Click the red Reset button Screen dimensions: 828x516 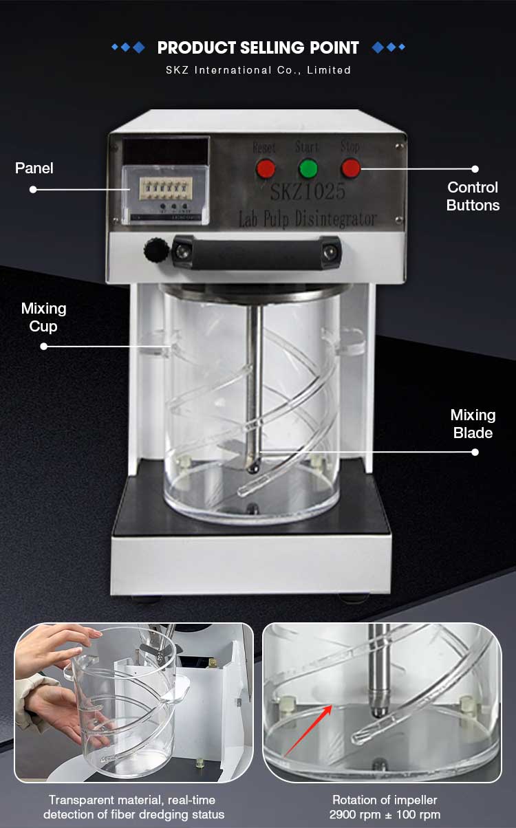(266, 168)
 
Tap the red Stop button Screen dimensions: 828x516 (351, 168)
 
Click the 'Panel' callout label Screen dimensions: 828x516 (34, 168)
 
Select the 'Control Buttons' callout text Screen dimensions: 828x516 (473, 196)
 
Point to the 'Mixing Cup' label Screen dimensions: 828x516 (43, 317)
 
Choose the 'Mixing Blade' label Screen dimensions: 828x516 (473, 424)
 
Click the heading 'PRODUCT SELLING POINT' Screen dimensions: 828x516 (258, 47)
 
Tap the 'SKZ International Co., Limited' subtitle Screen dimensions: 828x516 (258, 70)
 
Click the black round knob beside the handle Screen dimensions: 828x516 (155, 250)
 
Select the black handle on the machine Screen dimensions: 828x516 (256, 251)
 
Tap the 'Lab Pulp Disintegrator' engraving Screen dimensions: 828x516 (307, 219)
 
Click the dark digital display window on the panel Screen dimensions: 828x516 (165, 151)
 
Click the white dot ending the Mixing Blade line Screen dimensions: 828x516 (475, 452)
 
